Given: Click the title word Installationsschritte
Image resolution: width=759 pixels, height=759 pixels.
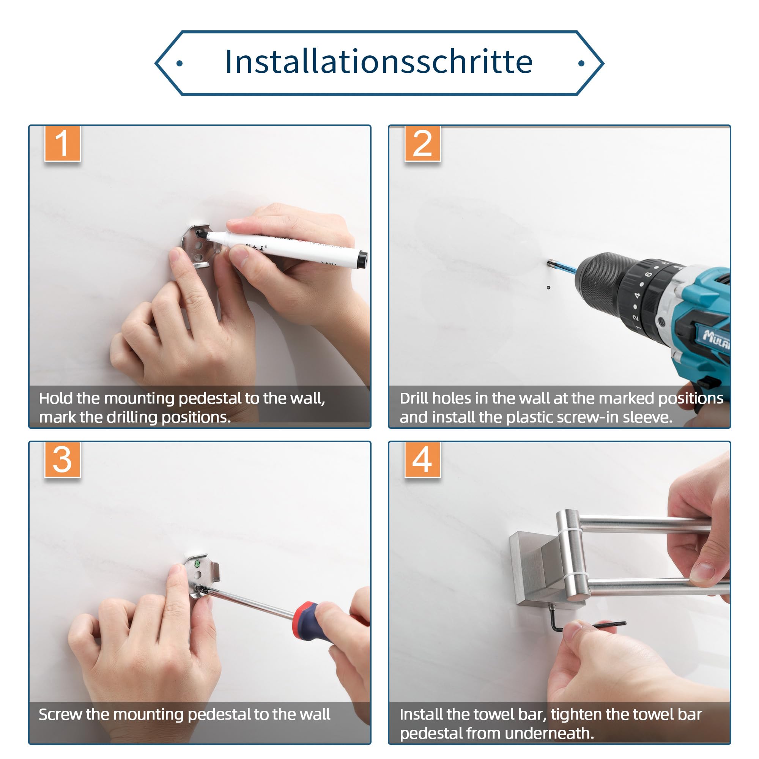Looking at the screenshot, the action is [379, 62].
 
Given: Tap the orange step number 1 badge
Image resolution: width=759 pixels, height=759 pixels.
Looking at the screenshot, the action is [63, 143].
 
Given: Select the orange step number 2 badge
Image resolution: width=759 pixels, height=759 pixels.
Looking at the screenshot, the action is [422, 143].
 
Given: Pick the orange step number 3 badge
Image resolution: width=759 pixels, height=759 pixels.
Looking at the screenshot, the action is [63, 459].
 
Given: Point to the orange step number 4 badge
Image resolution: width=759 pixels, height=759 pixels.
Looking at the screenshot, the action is [422, 459].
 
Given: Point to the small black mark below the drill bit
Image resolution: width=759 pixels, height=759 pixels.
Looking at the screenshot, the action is [549, 287].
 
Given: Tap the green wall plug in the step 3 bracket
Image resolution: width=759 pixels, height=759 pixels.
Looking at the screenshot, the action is [197, 564].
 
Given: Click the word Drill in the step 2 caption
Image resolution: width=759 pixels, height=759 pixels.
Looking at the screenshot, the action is [414, 398].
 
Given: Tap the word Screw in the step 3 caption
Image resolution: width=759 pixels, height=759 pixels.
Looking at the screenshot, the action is [60, 715].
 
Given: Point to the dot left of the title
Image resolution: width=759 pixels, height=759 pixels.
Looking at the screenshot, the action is [180, 63].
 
